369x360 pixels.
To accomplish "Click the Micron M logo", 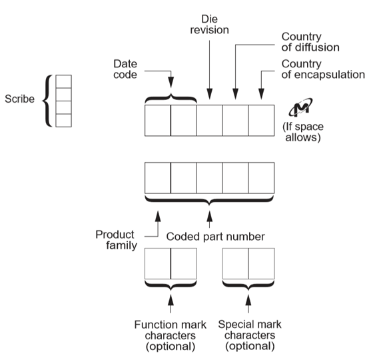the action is click(300, 107).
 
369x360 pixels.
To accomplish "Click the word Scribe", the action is click(20, 99).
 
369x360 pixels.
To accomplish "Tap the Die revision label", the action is click(209, 25).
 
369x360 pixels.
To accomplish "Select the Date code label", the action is click(125, 69).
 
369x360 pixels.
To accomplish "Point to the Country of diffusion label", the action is click(310, 42).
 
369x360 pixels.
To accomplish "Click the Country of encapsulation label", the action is click(323, 69).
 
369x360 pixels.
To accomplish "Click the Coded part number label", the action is click(215, 237).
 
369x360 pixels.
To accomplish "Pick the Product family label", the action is click(117, 240).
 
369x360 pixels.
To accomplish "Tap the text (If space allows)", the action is click(303, 132).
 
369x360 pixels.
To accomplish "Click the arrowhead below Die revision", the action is click(209, 94).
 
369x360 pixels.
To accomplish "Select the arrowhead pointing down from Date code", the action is click(171, 82).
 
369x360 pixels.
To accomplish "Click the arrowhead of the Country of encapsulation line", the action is click(261, 94).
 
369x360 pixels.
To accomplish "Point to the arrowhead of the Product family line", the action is click(158, 216).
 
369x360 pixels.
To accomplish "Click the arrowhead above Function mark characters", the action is click(171, 300).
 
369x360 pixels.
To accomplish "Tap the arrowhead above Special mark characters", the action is click(248, 300).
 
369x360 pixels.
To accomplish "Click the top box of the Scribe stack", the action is click(63, 81).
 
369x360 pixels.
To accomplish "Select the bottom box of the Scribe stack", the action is click(63, 121).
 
